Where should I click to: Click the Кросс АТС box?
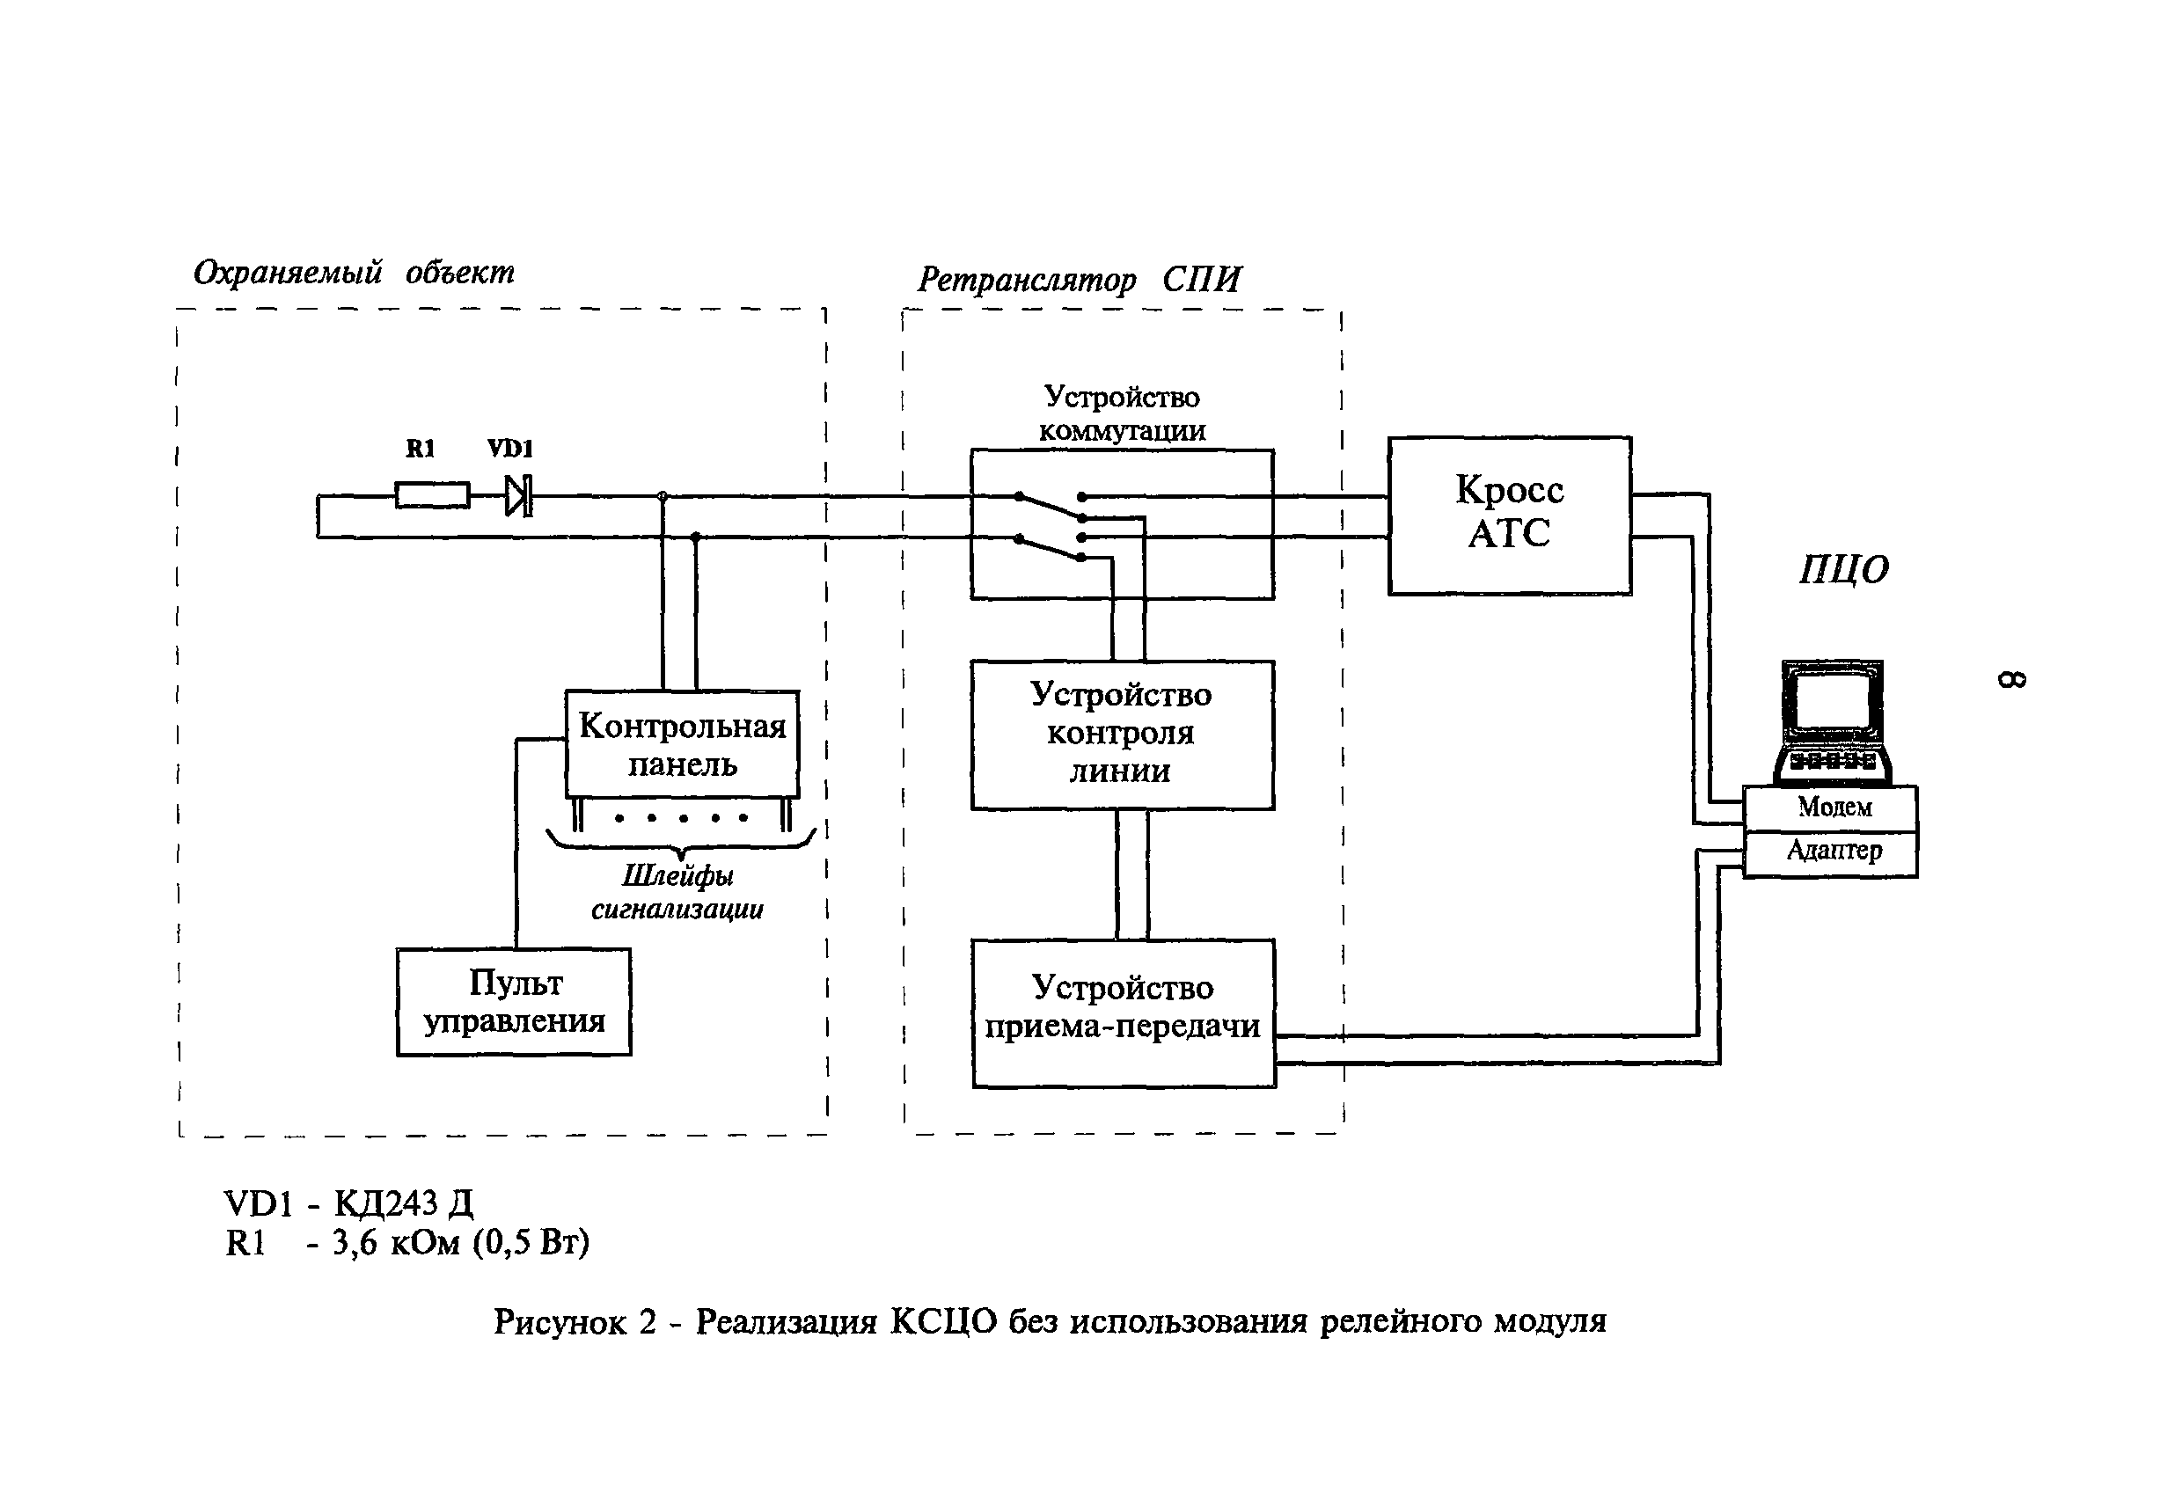coord(1508,515)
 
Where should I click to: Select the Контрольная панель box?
coord(681,744)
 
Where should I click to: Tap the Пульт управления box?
coord(514,1001)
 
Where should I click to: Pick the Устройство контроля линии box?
coord(1121,735)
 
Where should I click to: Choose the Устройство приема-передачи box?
coord(1123,1013)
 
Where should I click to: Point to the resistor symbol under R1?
coord(432,495)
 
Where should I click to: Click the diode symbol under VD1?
coord(518,495)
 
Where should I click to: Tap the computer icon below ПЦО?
coord(1831,723)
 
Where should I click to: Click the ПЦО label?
coord(1843,570)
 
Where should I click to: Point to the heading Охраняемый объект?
coord(354,273)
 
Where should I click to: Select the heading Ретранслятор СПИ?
coord(1079,281)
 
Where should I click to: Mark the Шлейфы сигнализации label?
coord(677,893)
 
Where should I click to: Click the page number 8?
coord(2011,679)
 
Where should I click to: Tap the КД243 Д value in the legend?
coord(404,1203)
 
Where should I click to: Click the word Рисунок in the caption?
coord(560,1322)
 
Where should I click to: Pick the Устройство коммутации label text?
coord(1121,413)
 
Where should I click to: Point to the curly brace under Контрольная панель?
coord(680,842)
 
